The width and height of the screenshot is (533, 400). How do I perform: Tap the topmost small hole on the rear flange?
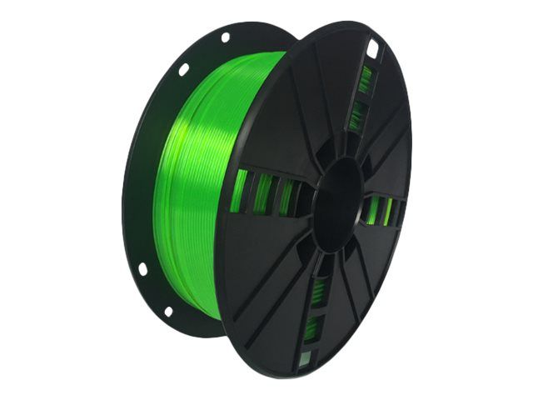[225, 37]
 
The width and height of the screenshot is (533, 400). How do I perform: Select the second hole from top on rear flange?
[184, 69]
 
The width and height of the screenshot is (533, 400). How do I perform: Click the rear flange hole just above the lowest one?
[142, 269]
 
